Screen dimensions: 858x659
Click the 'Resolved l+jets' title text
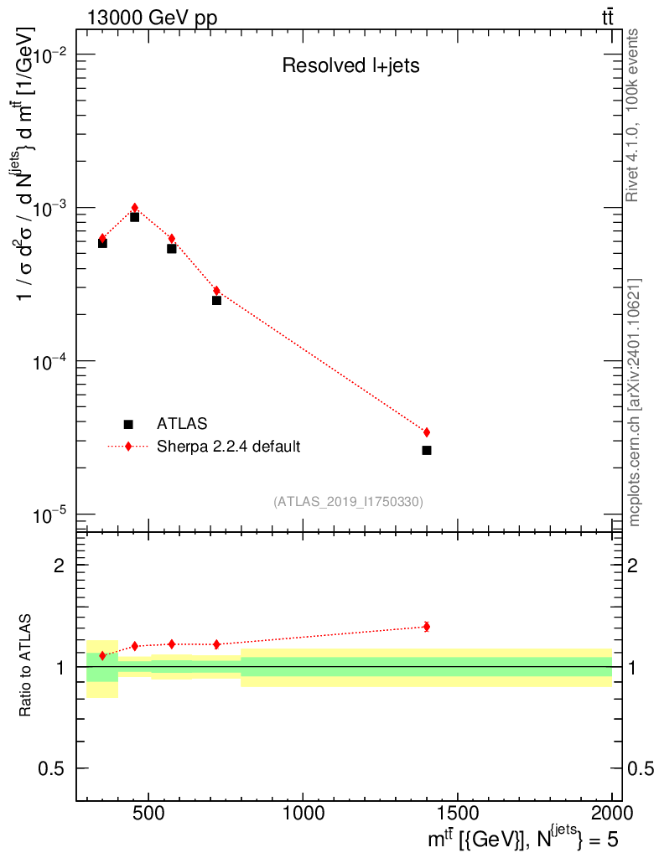[350, 66]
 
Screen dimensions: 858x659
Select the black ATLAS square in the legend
[128, 425]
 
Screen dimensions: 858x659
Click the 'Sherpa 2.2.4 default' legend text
[229, 447]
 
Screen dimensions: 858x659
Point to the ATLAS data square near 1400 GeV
[427, 451]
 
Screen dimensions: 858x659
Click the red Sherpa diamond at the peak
[134, 208]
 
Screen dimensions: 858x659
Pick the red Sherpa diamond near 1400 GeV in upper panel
[427, 432]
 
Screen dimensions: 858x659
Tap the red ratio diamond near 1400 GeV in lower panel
[427, 626]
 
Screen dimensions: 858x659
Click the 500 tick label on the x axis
[148, 813]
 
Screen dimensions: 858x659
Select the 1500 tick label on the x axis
[457, 813]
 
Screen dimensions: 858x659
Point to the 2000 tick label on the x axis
[611, 813]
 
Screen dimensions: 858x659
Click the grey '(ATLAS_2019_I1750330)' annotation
[348, 502]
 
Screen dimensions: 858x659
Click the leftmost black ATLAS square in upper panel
[102, 243]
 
